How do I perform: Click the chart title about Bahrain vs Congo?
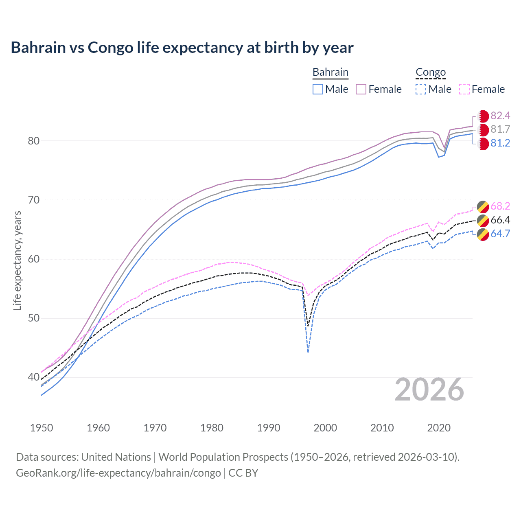(182, 48)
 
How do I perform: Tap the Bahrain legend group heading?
(330, 72)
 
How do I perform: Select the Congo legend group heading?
(431, 72)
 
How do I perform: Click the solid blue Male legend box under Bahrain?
(318, 89)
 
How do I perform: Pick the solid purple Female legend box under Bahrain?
(361, 89)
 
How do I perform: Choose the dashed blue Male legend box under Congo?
(421, 89)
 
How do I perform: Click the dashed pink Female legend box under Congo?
(464, 89)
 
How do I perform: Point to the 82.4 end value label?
(500, 116)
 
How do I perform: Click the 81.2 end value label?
(500, 143)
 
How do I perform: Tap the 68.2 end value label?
(500, 206)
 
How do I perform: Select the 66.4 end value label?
(500, 220)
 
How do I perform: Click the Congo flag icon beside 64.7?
(483, 234)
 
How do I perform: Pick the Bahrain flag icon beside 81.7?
(483, 130)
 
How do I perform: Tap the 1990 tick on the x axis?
(269, 428)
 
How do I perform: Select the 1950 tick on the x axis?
(42, 428)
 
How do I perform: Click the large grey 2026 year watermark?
(429, 390)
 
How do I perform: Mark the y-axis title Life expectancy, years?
(17, 260)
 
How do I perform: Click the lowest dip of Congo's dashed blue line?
(308, 352)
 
